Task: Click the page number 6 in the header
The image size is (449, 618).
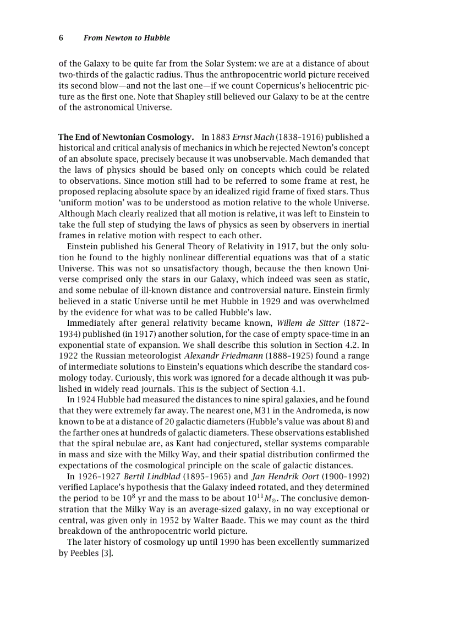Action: click(x=61, y=38)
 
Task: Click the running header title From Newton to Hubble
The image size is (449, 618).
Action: click(x=127, y=38)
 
